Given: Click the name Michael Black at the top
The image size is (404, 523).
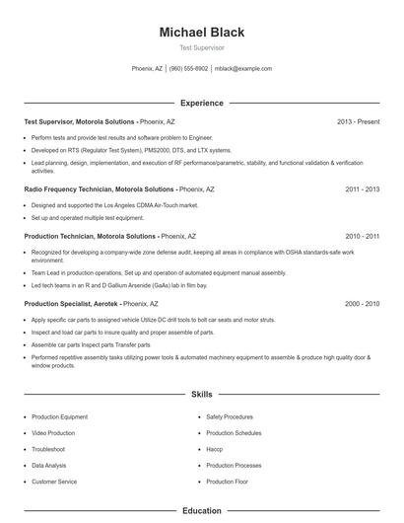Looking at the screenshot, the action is [201, 33].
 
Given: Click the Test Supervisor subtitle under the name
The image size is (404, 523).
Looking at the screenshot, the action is [201, 47].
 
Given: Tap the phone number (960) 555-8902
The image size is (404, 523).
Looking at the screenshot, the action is [188, 69].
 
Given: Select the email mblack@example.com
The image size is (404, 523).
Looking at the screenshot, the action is [242, 69].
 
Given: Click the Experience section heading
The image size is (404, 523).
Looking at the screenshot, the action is [201, 103].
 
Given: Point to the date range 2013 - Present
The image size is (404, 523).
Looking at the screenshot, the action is [358, 121].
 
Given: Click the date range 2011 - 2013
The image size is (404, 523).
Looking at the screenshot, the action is [362, 187].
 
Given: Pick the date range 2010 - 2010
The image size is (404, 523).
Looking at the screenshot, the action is [362, 237].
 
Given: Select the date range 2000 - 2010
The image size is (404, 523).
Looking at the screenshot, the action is [362, 304].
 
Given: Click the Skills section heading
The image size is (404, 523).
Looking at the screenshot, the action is [201, 395].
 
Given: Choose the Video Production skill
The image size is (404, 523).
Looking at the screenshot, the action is [53, 433].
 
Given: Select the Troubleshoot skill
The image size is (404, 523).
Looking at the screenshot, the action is [49, 449].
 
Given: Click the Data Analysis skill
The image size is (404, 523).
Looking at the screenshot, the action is [49, 465].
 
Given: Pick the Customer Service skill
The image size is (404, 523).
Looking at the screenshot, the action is [54, 482].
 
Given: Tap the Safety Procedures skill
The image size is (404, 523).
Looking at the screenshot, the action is [230, 417].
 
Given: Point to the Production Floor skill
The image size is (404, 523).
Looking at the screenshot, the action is [229, 482].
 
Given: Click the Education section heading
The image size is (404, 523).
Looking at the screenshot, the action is [201, 511].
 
